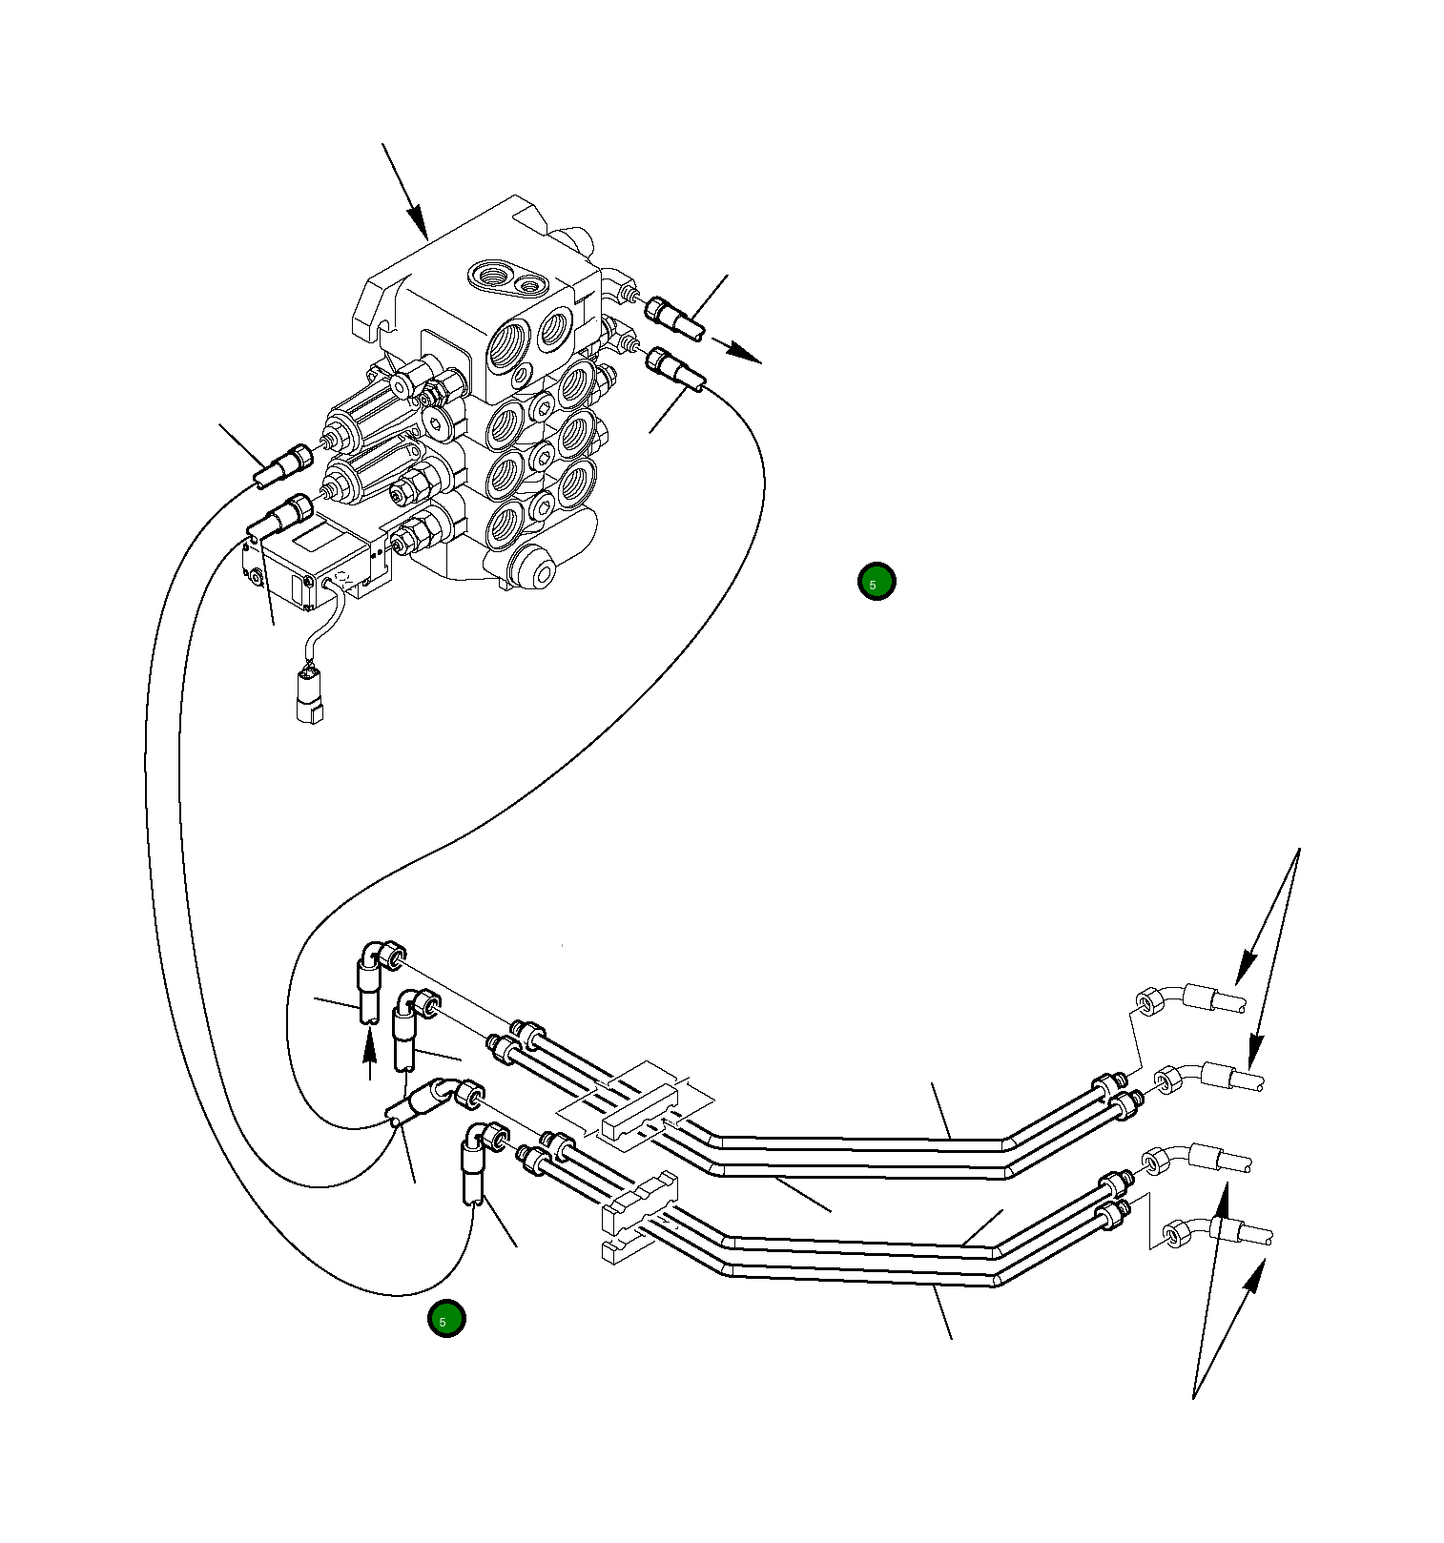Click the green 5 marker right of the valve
[876, 582]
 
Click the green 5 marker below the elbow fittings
[445, 1320]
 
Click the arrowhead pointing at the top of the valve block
[420, 227]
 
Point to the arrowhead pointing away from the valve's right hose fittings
[749, 355]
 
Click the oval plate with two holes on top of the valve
[506, 276]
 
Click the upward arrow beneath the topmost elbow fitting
[370, 1049]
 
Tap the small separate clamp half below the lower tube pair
[620, 1249]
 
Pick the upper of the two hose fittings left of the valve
[283, 464]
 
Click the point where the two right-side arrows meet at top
[1299, 850]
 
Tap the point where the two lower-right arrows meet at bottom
[1193, 1398]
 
